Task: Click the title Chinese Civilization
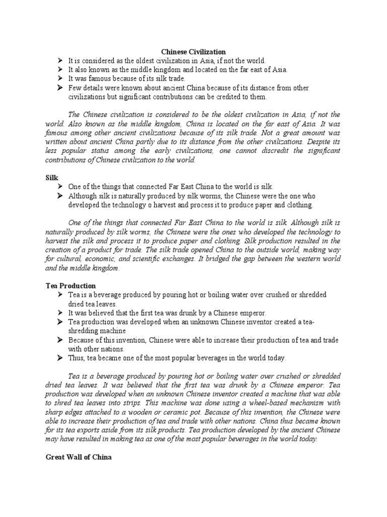[193, 51]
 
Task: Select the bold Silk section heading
[51, 178]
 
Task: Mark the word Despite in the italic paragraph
[314, 142]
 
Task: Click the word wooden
[134, 411]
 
